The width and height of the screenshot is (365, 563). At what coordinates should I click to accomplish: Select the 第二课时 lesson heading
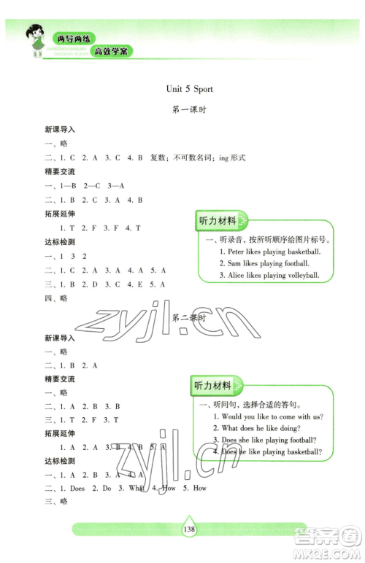point(188,319)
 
